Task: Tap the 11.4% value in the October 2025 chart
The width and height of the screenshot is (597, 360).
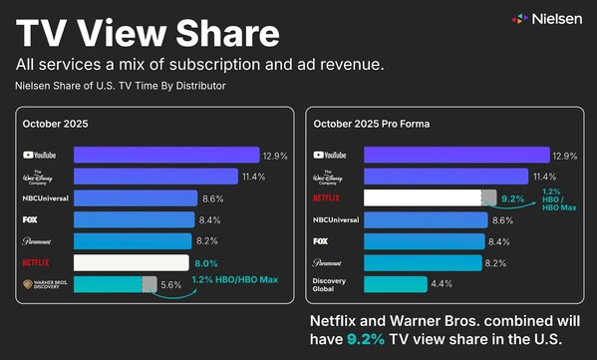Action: pos(254,177)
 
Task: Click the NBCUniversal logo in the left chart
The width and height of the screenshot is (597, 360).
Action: pos(44,198)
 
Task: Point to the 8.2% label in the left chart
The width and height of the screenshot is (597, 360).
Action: pos(206,241)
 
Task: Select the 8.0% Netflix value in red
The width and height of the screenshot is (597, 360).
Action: pos(205,262)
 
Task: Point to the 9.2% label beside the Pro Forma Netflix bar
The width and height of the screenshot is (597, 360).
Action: pos(513,197)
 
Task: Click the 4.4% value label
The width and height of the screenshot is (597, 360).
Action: pos(443,284)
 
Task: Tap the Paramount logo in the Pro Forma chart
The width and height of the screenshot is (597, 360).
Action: pos(333,262)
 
